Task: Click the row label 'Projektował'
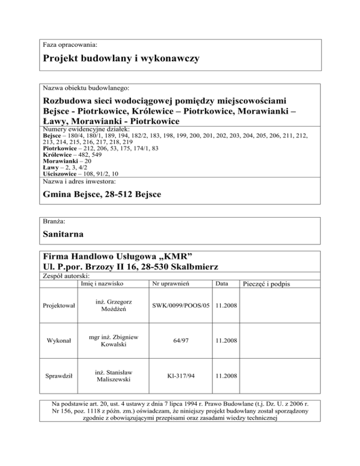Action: (x=59, y=306)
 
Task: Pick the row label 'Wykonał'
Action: (x=59, y=342)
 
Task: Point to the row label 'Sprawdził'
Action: (x=59, y=376)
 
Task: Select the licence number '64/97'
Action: (x=180, y=342)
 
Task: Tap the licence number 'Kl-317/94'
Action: (x=180, y=376)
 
